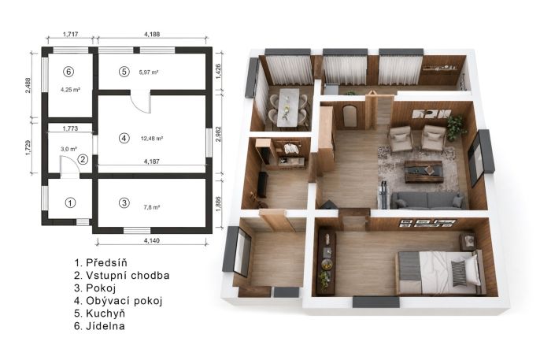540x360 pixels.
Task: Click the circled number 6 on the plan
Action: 69,72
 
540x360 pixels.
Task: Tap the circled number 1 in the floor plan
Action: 70,203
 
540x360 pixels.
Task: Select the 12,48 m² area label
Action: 152,139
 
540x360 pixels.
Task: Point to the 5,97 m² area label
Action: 149,72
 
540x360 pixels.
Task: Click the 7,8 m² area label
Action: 151,207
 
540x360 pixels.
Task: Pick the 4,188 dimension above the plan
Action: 152,34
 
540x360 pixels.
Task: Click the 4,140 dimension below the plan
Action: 151,240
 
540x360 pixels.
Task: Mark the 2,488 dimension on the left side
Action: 28,85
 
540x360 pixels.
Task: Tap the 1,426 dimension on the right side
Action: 217,72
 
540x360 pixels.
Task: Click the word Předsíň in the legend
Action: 106,263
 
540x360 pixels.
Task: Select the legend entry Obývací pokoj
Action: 124,301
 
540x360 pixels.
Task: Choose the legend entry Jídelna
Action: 105,326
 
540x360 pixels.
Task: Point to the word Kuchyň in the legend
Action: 105,314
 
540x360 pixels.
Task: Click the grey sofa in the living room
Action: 427,200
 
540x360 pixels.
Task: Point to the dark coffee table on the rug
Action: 423,170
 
